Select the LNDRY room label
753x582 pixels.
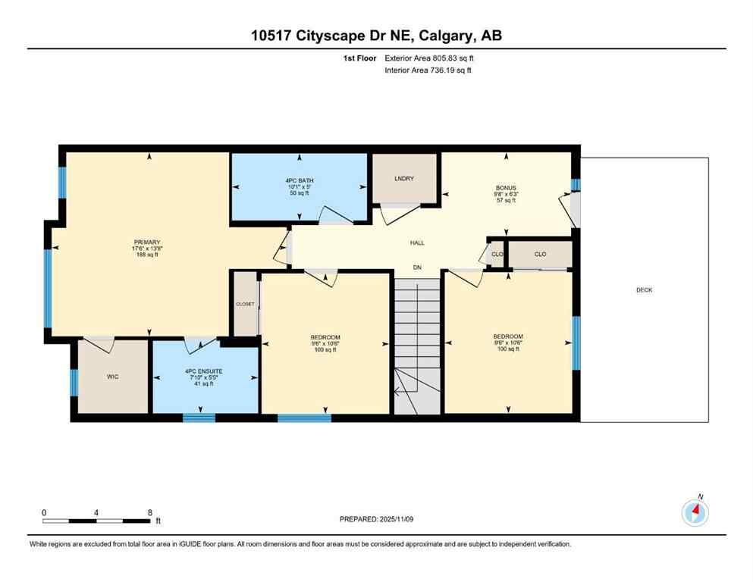pos(404,179)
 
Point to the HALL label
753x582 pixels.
pos(417,243)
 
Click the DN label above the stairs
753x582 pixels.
pos(416,268)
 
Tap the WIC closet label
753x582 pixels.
pos(114,377)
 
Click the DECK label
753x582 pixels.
pos(644,290)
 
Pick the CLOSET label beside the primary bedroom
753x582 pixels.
pos(245,304)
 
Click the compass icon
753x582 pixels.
pos(695,512)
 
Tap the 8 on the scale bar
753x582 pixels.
pos(149,512)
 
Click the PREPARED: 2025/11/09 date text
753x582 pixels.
pos(377,519)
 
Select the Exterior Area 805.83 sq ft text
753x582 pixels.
pos(432,58)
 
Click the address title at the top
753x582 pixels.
pos(376,36)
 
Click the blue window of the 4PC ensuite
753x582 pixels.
pos(199,417)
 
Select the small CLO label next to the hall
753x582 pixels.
pos(497,254)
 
